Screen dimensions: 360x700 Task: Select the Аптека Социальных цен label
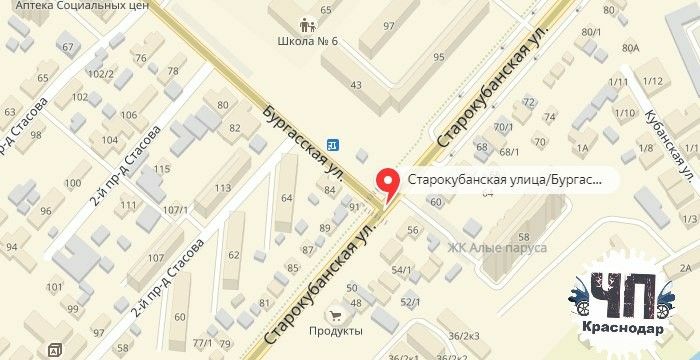[x=75, y=6]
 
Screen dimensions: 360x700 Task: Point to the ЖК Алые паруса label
[x=496, y=247]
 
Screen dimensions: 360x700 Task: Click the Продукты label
[x=336, y=330]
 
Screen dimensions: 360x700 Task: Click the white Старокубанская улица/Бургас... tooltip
[x=506, y=180]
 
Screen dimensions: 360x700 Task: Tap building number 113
[x=222, y=187]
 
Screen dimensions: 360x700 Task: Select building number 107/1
[x=176, y=210]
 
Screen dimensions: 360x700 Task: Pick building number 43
[x=356, y=85]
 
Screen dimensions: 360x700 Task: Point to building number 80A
[x=629, y=47]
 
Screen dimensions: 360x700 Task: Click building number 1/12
[x=654, y=80]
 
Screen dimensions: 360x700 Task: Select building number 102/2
[x=101, y=73]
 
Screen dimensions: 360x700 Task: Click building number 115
[x=161, y=170]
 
